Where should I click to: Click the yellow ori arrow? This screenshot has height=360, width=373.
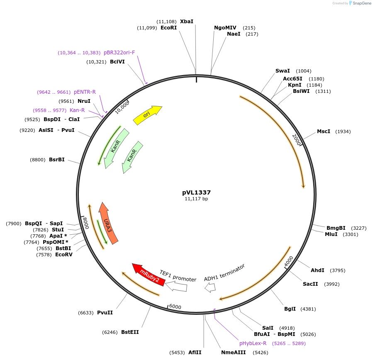pos(147,115)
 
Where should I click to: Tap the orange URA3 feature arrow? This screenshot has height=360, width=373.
pos(108,224)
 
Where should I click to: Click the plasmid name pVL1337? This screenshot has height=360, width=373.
pos(196,192)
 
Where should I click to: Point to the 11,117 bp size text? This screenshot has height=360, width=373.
pos(196,199)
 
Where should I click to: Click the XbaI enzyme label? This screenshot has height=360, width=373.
pos(186,22)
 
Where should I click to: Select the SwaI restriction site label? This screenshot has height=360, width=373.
pos(283,71)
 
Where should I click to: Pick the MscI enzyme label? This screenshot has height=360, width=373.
pos(324,131)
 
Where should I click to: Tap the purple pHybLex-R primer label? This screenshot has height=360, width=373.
pos(253,343)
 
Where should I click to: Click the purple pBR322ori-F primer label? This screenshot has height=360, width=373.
pos(119,53)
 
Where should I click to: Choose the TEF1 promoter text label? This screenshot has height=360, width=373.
pos(178,276)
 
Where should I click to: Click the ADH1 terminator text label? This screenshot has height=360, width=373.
pos(224,272)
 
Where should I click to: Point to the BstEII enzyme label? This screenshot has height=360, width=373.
pos(130,332)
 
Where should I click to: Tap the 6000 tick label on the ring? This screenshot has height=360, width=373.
pos(175,306)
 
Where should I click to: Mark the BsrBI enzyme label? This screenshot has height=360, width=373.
pos(57,160)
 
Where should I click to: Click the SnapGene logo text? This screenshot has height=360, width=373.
pos(362,3)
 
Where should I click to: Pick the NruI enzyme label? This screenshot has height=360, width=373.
pos(84,101)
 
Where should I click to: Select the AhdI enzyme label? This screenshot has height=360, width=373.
pos(317,270)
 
